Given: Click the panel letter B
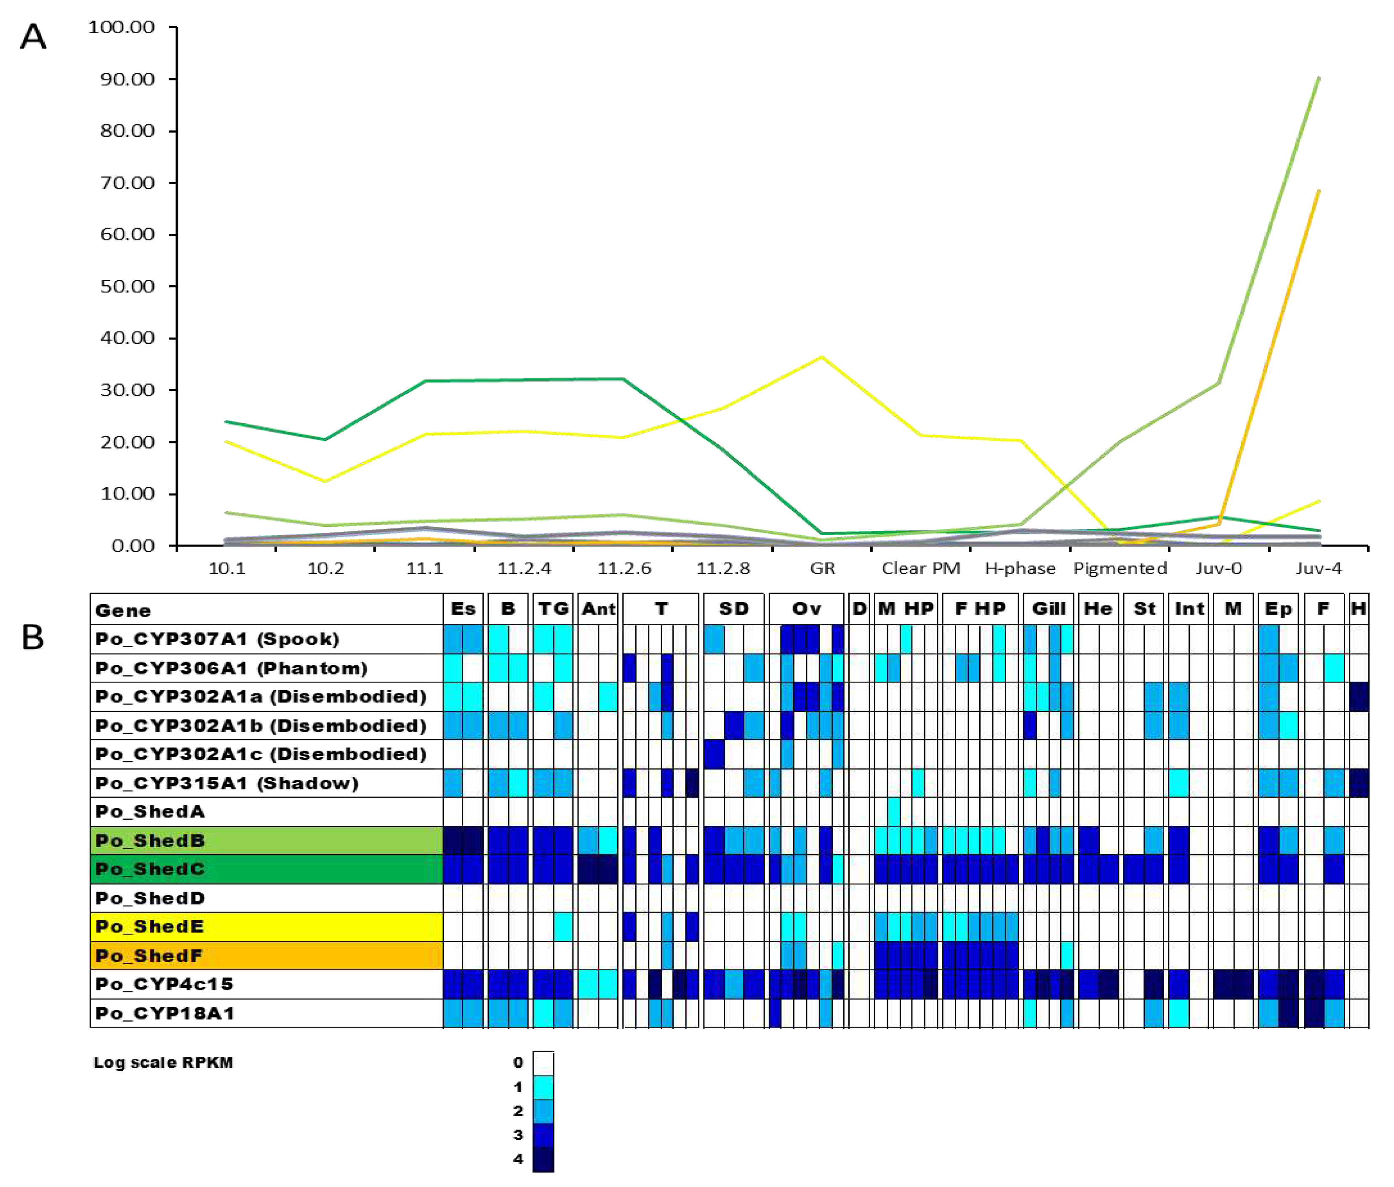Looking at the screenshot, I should (x=33, y=637).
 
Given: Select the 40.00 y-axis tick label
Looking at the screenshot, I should (x=128, y=337).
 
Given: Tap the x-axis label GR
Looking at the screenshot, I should (x=822, y=569).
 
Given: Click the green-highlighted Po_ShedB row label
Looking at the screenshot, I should (x=149, y=841).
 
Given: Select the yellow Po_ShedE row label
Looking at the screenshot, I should (x=149, y=927).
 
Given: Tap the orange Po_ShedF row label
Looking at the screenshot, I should (x=149, y=956).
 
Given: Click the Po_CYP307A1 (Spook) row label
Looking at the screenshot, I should (x=217, y=639).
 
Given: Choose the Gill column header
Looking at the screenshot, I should (x=1048, y=608).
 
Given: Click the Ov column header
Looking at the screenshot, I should (x=806, y=608).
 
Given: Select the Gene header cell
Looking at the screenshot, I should (x=123, y=611).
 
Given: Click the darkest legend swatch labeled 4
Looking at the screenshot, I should (x=543, y=1159).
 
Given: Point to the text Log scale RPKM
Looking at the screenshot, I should (x=163, y=1062).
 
